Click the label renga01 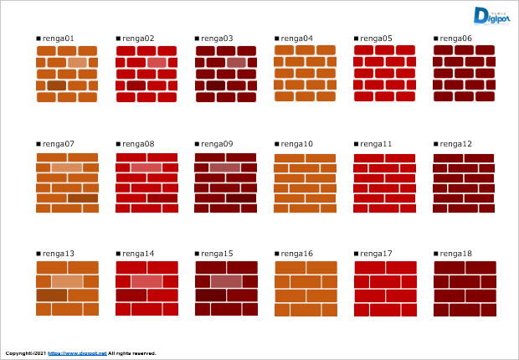coord(59,39)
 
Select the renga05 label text coord(376,39)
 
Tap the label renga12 coord(455,144)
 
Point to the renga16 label coord(296,254)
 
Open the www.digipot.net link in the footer coord(77,353)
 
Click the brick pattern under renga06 coord(465,74)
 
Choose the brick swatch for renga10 coord(306,183)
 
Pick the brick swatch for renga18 coord(465,289)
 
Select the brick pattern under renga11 coord(385,183)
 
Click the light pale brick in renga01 coord(77,63)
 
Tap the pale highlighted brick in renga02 coord(157,63)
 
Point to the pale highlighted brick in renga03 coord(236,63)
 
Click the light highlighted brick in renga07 coord(67,167)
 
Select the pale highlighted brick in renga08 coord(146,167)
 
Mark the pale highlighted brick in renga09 coord(225,167)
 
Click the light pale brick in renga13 coord(67,281)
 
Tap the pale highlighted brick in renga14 coord(146,281)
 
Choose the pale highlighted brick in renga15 coord(225,281)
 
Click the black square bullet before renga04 coord(277,39)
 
